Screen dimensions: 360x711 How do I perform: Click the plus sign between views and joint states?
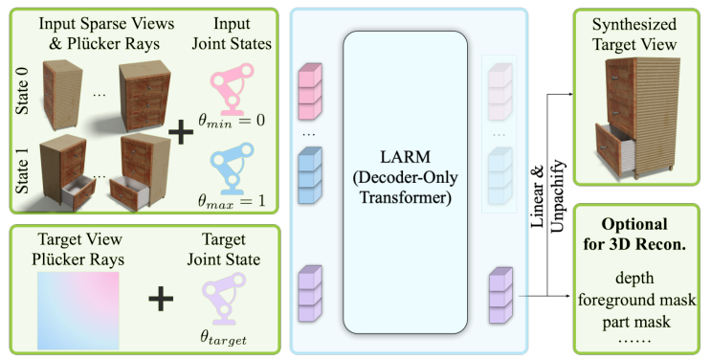[179, 132]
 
